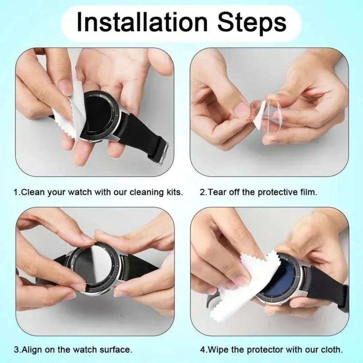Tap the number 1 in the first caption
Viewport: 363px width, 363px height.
click(x=16, y=192)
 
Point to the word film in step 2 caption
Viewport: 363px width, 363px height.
click(x=308, y=192)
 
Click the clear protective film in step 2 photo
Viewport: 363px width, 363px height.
click(x=276, y=113)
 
